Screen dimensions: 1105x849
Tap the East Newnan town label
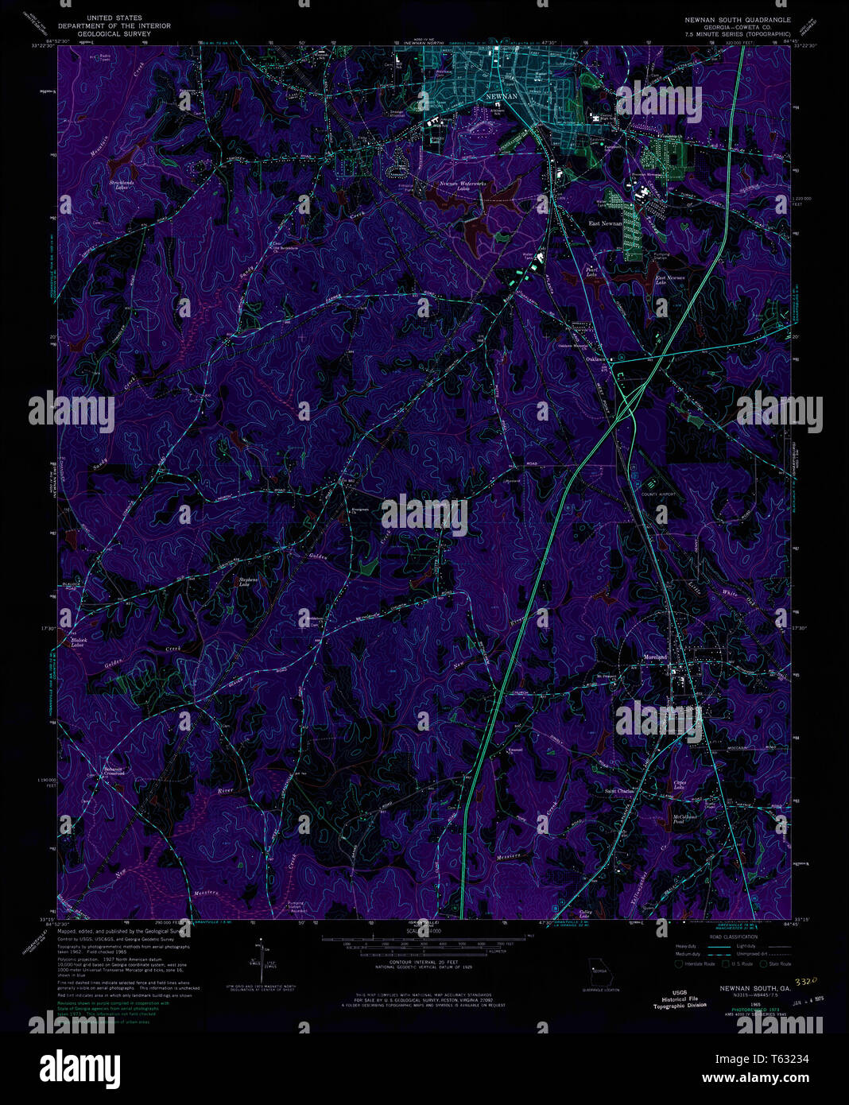pyautogui.click(x=605, y=223)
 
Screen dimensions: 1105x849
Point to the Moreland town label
pyautogui.click(x=654, y=657)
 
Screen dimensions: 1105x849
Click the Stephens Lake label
pyautogui.click(x=249, y=582)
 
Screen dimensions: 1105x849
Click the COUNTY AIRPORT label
pyautogui.click(x=659, y=494)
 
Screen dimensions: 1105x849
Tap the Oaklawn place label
pyautogui.click(x=596, y=359)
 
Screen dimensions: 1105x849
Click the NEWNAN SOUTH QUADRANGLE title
pyautogui.click(x=738, y=18)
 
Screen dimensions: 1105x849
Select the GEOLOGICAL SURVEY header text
pyautogui.click(x=114, y=34)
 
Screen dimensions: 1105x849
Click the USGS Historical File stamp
pyautogui.click(x=680, y=999)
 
